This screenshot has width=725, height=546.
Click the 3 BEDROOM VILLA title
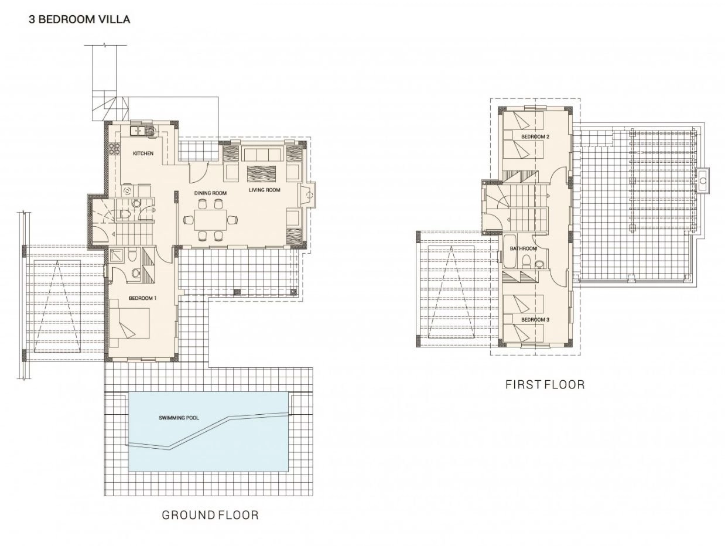[79, 19]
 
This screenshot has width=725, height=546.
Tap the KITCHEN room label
[143, 153]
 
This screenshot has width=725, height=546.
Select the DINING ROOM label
[210, 193]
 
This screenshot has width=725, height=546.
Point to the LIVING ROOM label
[265, 190]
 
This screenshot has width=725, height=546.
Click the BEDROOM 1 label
[143, 298]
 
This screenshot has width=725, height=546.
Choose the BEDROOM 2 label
[535, 136]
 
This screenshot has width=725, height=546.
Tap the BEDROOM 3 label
[535, 320]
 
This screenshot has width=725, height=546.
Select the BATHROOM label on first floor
[524, 248]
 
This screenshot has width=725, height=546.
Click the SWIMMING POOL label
[179, 418]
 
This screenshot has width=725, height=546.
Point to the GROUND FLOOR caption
[210, 515]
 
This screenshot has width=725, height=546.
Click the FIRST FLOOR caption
[545, 384]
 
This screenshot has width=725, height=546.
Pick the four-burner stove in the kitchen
[114, 149]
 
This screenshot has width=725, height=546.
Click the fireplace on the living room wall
[307, 195]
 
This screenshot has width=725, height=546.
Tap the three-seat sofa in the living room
[263, 155]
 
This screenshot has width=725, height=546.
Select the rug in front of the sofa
[262, 173]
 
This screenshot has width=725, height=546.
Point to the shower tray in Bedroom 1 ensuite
[117, 255]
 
